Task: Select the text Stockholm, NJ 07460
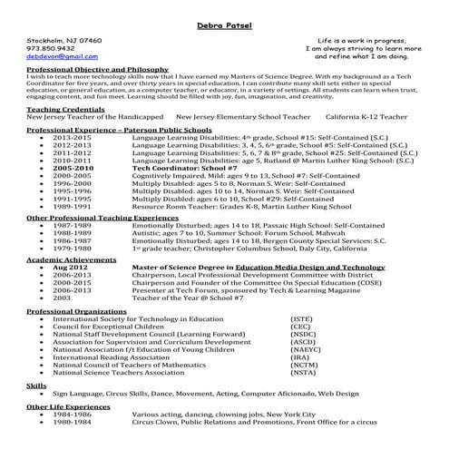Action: tap(63, 41)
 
